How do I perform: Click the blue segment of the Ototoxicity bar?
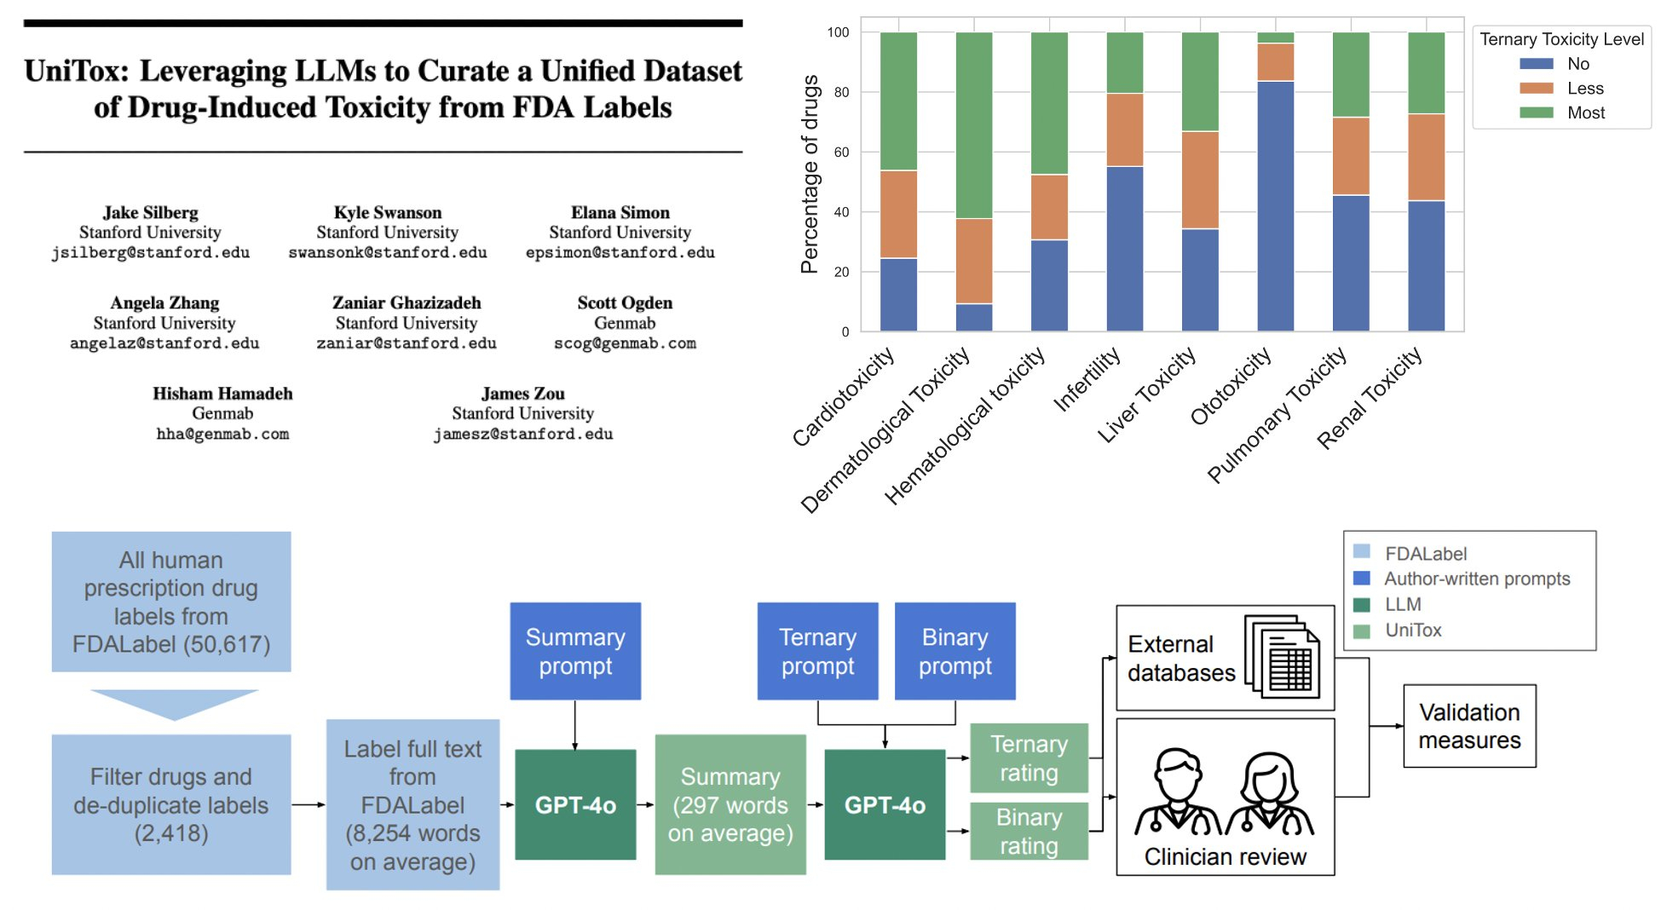coord(1275,205)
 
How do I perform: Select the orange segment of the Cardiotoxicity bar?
coord(898,214)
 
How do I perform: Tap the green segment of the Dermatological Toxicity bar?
coord(973,125)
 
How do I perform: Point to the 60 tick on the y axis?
coord(841,153)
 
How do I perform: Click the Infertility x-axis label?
coord(1087,380)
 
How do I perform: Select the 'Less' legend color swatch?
coord(1536,89)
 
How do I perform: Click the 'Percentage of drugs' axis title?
coord(810,175)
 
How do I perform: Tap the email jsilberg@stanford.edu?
coord(150,253)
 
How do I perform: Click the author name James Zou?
coord(522,394)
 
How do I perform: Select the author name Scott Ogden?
coord(625,303)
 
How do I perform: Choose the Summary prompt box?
coord(575,651)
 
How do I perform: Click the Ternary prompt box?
coord(817,651)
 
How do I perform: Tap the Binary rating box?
coord(1029,831)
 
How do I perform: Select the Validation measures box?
coord(1469,726)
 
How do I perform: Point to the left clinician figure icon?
coord(1177,792)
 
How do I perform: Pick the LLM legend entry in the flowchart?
coord(1402,605)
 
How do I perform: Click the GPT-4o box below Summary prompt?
coord(575,804)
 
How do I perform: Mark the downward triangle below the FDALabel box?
coord(174,704)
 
